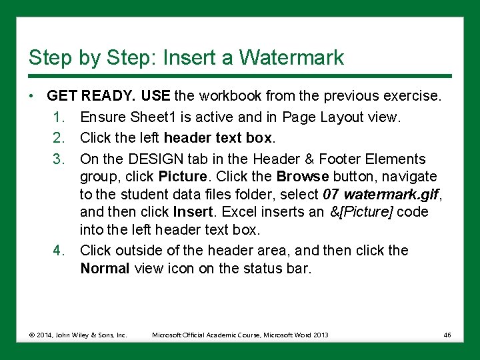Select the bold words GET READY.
[x=91, y=96]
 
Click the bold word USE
[x=155, y=96]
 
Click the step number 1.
[x=59, y=117]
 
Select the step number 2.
[x=59, y=138]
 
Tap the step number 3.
[x=59, y=159]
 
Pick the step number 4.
[x=59, y=251]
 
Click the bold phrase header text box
[x=218, y=138]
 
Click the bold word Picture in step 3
[x=183, y=177]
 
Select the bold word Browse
[x=303, y=177]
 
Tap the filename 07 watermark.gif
[x=381, y=195]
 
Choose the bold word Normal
[x=105, y=269]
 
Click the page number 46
[x=447, y=335]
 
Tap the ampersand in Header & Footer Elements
[x=309, y=159]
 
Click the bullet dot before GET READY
[x=31, y=96]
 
